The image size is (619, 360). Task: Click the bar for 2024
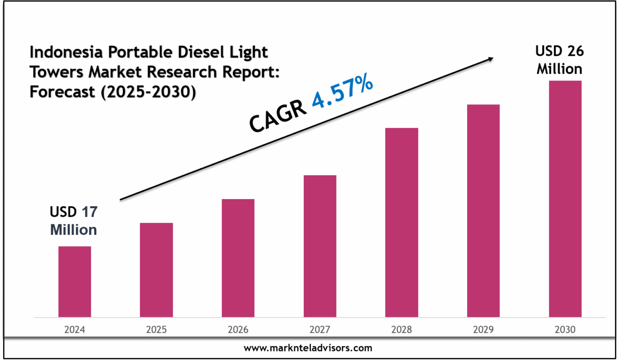75,281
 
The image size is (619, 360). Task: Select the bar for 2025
156,270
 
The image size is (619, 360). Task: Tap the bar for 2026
238,258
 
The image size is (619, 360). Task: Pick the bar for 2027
320,246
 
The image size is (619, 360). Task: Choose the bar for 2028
401,222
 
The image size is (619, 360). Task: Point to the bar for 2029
483,210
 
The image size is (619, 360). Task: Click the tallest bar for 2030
565,199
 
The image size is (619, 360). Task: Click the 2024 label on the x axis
75,330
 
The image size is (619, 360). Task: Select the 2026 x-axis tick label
238,330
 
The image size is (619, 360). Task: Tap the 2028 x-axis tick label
401,330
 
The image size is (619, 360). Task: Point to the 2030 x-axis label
565,330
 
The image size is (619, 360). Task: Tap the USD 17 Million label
74,221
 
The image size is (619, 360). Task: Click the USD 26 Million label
559,60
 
